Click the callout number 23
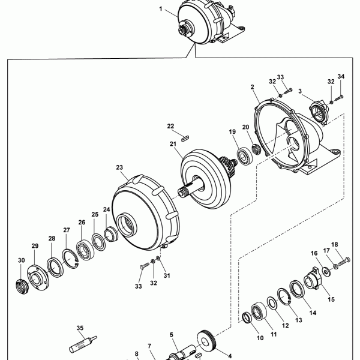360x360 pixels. coord(119,167)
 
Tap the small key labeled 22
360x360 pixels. coord(185,139)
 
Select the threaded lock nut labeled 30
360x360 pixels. coord(23,287)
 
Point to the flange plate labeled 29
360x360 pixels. coord(38,278)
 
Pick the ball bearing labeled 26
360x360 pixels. coord(83,251)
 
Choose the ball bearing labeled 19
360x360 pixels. coord(245,157)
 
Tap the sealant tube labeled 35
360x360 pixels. coord(83,344)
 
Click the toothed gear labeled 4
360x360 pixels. coord(206,341)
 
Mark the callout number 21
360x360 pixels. coord(173,144)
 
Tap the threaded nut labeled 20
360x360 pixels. coord(256,149)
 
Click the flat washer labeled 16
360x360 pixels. coord(326,272)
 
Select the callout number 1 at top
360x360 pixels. coord(161,9)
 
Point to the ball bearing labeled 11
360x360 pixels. coord(259,311)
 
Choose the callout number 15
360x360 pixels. coord(331,299)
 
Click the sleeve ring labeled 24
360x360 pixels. coord(110,234)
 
